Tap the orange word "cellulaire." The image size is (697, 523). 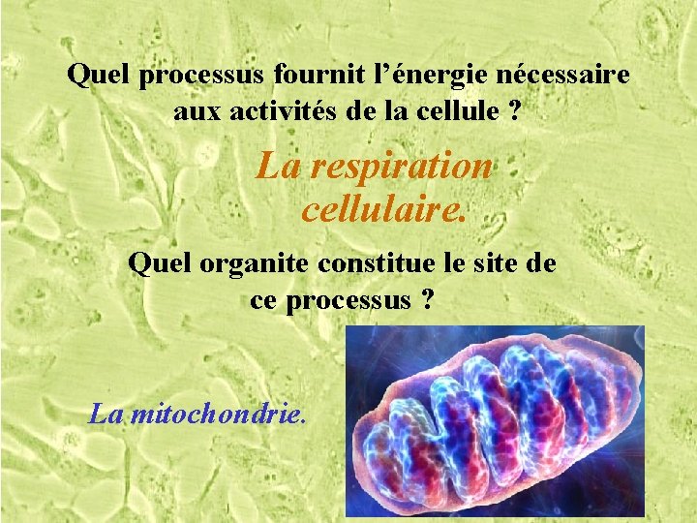click(383, 208)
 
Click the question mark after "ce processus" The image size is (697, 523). click(427, 300)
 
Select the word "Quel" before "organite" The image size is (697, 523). click(153, 263)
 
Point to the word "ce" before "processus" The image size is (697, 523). click(263, 300)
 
